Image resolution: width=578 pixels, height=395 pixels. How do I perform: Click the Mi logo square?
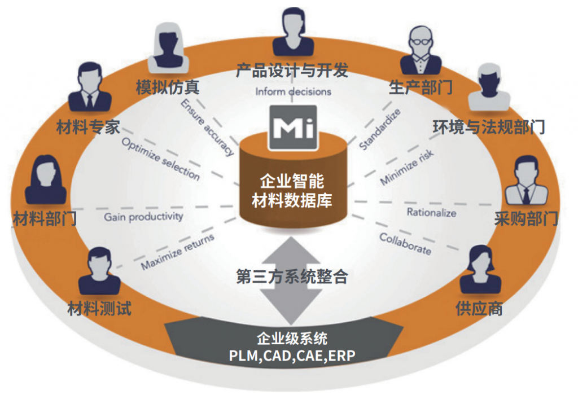[x=294, y=128]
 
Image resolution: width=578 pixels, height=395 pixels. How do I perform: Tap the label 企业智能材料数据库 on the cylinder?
[x=292, y=191]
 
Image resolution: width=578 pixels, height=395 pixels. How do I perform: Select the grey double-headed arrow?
[x=291, y=281]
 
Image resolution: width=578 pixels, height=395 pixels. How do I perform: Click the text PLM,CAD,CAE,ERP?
[x=292, y=356]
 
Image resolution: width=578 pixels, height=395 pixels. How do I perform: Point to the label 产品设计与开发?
[x=292, y=71]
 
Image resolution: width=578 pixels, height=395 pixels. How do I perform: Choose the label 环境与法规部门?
[x=489, y=127]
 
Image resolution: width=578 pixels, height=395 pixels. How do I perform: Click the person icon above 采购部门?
[x=527, y=180]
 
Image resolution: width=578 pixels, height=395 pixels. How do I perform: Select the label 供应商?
[x=479, y=308]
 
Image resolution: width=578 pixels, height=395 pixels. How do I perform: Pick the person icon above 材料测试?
[x=99, y=271]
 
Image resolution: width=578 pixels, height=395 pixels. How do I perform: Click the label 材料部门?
[x=45, y=218]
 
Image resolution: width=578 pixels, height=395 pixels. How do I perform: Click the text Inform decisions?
[x=293, y=91]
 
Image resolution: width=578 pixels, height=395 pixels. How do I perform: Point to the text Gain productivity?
[x=143, y=217]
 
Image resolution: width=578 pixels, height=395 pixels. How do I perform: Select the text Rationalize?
[x=431, y=213]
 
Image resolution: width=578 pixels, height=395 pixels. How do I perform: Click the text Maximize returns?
[x=178, y=251]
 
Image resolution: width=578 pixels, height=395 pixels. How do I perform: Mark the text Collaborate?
[x=405, y=244]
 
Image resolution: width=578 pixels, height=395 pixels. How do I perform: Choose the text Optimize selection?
[x=161, y=159]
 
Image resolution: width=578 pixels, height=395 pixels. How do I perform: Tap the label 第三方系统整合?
[x=292, y=276]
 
